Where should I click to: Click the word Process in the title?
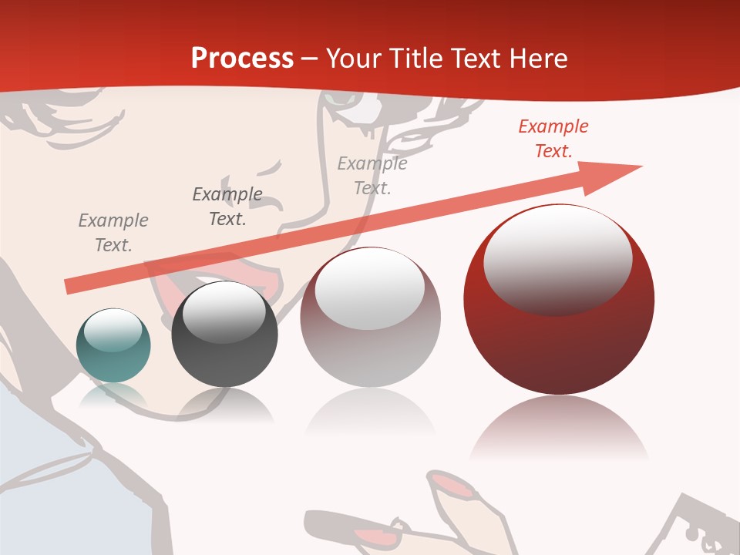[x=242, y=58]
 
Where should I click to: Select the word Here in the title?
[x=540, y=58]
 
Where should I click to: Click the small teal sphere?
[x=113, y=345]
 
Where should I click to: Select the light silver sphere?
[x=370, y=318]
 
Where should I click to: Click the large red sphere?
[x=559, y=299]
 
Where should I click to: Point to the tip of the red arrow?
[x=640, y=166]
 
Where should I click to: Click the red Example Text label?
[x=553, y=139]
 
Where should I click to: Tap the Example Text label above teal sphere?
[x=113, y=233]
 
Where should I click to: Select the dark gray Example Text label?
[x=227, y=207]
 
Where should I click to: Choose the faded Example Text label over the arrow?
[x=372, y=176]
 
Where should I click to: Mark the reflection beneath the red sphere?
[x=559, y=428]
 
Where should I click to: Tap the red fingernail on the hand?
[x=455, y=486]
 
